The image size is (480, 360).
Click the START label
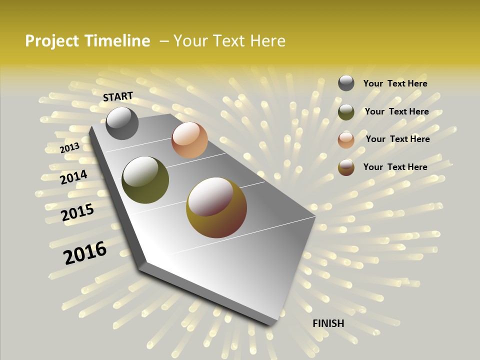118,96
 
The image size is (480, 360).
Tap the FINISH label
328,323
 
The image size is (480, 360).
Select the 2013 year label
70,147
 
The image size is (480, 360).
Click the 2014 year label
74,177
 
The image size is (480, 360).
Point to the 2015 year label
77,212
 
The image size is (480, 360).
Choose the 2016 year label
85,252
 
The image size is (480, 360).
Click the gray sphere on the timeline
122,123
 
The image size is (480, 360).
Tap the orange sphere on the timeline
189,140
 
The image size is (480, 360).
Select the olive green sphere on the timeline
145,180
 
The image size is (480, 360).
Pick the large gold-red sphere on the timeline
216,207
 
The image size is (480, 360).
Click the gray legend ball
346,83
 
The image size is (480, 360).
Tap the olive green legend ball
346,112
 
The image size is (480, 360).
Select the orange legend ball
346,139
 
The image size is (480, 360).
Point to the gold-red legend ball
346,167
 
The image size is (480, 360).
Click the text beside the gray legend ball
395,83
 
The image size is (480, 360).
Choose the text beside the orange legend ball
397,139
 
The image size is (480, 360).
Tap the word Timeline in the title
117,41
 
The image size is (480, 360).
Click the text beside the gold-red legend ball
395,167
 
